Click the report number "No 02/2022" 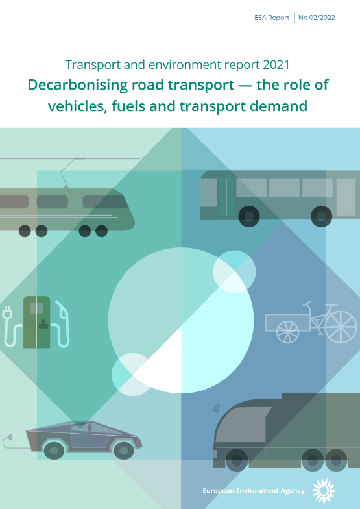click(x=317, y=18)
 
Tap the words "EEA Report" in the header click(x=272, y=18)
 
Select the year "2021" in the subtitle click(x=276, y=65)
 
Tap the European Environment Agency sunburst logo click(x=323, y=490)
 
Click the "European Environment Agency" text click(x=254, y=491)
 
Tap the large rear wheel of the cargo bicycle click(x=341, y=327)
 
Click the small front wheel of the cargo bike click(x=288, y=332)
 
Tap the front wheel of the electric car click(x=124, y=451)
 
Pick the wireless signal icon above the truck click(x=217, y=409)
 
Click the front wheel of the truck click(x=237, y=460)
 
